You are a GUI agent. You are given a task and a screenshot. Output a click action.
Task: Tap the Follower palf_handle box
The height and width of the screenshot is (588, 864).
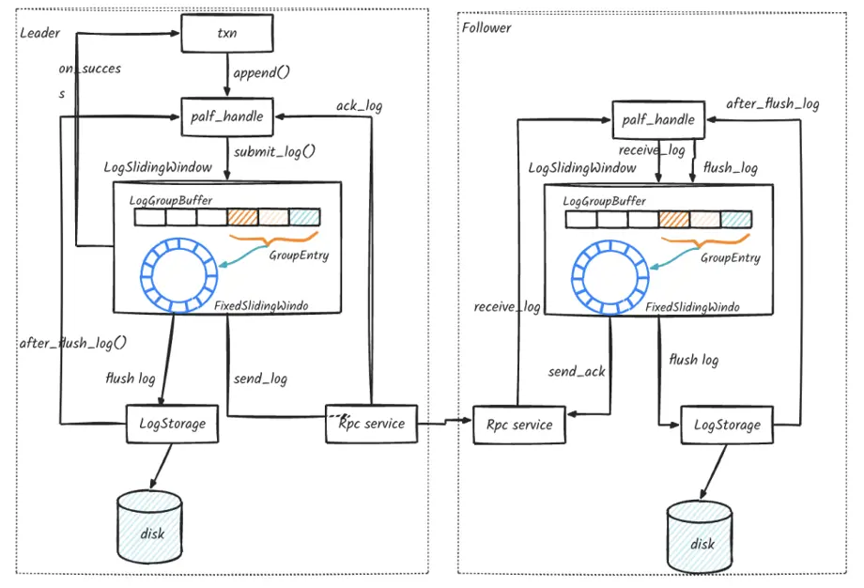658,119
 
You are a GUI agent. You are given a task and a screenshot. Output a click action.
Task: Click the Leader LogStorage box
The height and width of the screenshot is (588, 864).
172,424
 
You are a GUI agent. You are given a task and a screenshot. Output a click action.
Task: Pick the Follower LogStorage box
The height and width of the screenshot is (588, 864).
727,426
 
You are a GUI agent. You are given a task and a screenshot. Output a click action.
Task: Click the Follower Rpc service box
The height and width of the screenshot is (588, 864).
519,425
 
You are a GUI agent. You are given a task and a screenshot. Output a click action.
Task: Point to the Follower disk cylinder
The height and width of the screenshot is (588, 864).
702,539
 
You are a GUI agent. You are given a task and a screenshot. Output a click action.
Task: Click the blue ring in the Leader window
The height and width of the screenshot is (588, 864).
172,278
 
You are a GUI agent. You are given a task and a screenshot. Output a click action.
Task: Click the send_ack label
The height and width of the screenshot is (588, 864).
577,372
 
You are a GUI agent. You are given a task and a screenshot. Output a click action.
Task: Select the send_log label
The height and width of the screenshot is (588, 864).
260,379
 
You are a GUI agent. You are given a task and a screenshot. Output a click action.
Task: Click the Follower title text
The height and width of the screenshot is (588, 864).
486,27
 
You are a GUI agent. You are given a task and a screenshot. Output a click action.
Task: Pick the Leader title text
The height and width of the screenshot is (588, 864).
39,33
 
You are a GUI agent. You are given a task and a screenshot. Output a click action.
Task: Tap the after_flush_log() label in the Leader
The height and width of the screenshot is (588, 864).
72,343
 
